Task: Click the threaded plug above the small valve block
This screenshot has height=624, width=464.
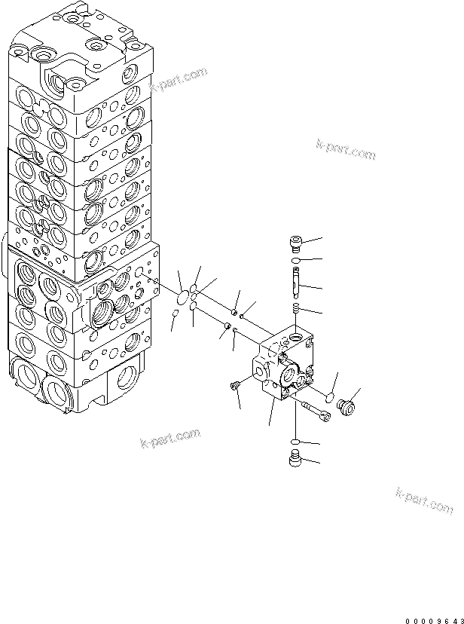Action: [x=296, y=243]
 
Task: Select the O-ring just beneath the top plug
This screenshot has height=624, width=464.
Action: [x=296, y=261]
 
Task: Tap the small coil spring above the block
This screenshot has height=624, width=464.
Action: [x=296, y=309]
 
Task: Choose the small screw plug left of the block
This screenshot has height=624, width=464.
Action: [x=235, y=386]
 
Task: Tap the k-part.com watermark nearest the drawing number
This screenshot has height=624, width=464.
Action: [x=424, y=501]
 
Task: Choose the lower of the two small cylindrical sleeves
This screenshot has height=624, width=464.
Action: [x=226, y=326]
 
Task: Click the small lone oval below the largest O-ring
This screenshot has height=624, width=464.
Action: [x=176, y=314]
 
